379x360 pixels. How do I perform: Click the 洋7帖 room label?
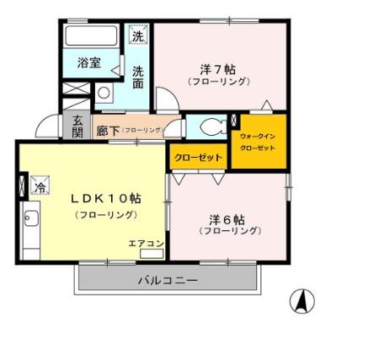click(216, 67)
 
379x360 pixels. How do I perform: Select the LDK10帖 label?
click(105, 199)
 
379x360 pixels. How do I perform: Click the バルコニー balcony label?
click(167, 280)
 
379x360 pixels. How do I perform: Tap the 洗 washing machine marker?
click(137, 35)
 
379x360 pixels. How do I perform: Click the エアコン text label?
click(146, 244)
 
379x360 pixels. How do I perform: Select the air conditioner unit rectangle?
click(152, 254)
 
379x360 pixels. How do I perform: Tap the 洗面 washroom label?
click(137, 77)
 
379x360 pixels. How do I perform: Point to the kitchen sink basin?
click(30, 221)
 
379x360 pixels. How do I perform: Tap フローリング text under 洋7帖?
click(217, 82)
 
